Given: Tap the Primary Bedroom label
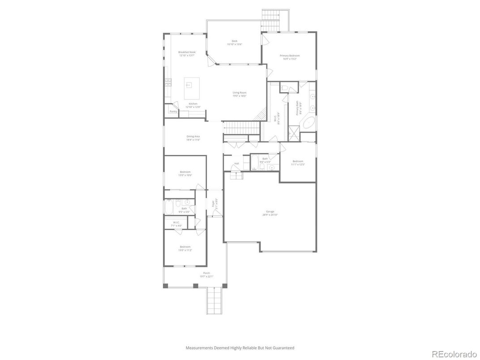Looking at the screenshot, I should (289, 56).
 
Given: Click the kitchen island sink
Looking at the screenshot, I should (189, 84).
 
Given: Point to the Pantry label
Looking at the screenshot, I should (173, 111).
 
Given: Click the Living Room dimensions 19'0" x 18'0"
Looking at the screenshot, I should (240, 96).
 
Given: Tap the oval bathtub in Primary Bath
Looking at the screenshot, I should (308, 123).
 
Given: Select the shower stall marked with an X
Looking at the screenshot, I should (293, 132).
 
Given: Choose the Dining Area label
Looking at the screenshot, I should (193, 137).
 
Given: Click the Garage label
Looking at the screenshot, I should (270, 212).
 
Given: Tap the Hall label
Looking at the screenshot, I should (236, 163).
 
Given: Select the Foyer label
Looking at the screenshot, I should (213, 204).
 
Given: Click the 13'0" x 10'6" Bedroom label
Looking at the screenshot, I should (185, 172).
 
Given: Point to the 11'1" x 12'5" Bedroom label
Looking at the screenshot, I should (298, 161).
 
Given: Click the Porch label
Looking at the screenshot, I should (206, 273).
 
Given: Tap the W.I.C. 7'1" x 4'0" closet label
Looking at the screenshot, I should (176, 223).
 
